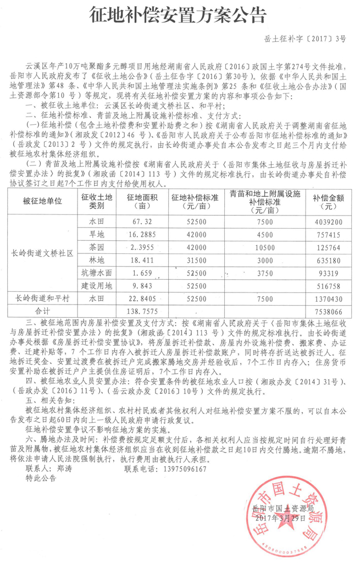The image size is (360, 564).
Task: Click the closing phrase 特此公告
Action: (41, 478)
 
